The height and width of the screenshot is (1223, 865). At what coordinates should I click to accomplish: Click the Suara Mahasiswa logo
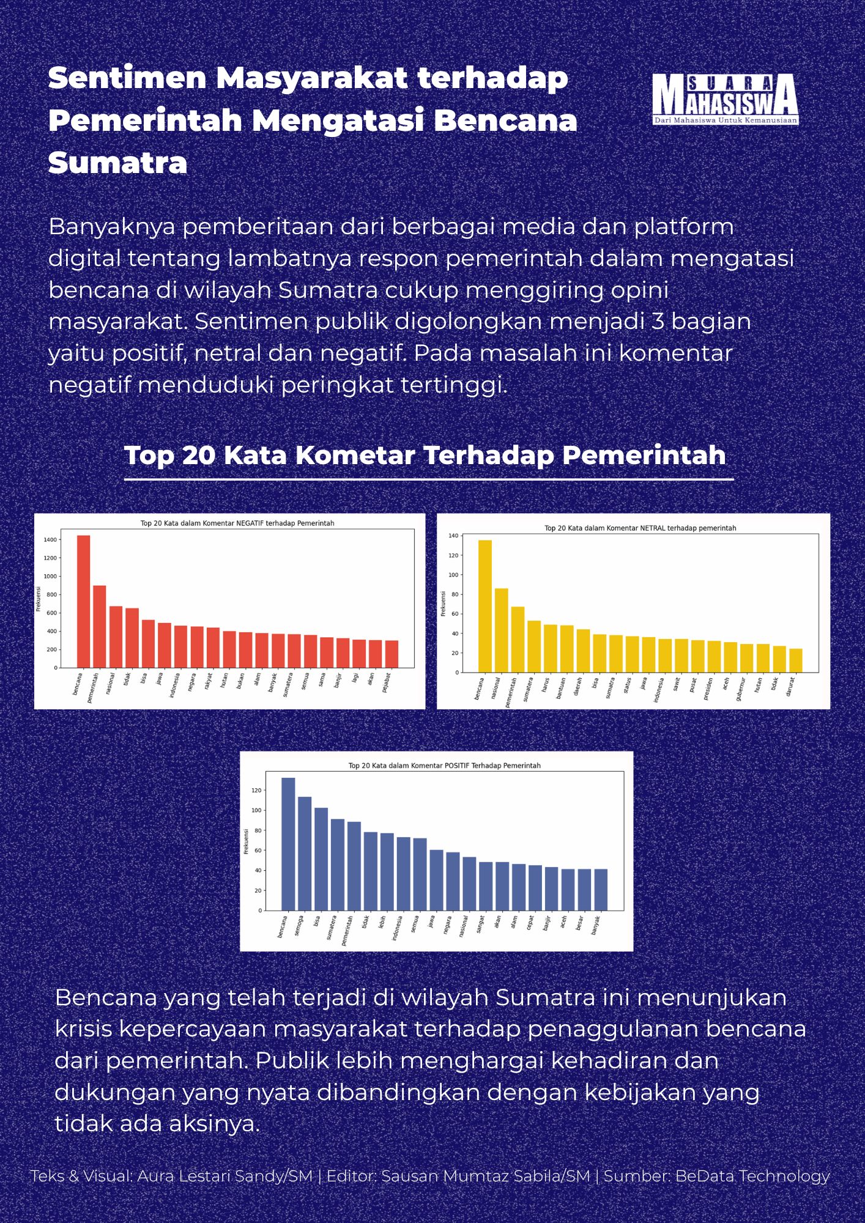pyautogui.click(x=725, y=99)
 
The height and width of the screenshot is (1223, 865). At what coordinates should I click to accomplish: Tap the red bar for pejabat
pyautogui.click(x=392, y=654)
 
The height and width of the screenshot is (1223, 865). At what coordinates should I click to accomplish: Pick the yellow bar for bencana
pyautogui.click(x=484, y=606)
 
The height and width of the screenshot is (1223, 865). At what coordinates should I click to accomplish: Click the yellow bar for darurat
pyautogui.click(x=795, y=660)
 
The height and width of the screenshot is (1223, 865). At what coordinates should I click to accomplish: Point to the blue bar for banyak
pyautogui.click(x=601, y=889)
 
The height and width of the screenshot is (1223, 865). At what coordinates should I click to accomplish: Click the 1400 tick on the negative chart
pyautogui.click(x=50, y=540)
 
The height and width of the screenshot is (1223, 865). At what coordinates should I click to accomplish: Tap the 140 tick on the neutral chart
pyautogui.click(x=453, y=536)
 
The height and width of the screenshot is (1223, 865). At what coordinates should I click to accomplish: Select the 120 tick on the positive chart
pyautogui.click(x=256, y=791)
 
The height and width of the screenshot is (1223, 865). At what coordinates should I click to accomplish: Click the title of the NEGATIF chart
pyautogui.click(x=237, y=523)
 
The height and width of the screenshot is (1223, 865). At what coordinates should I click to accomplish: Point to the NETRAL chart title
pyautogui.click(x=640, y=528)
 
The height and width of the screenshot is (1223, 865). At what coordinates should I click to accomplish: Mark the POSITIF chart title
pyautogui.click(x=444, y=766)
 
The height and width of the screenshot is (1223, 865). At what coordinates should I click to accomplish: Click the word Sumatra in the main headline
pyautogui.click(x=117, y=163)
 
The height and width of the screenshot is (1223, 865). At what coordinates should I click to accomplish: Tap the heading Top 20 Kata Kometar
pyautogui.click(x=425, y=455)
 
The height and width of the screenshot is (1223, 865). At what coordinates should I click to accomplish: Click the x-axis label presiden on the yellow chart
pyautogui.click(x=708, y=689)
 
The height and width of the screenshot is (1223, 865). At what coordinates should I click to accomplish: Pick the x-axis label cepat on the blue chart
pyautogui.click(x=530, y=923)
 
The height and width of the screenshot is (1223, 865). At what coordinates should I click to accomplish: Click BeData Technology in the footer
pyautogui.click(x=752, y=1176)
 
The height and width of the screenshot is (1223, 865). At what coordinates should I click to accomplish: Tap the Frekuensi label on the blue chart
pyautogui.click(x=247, y=841)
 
